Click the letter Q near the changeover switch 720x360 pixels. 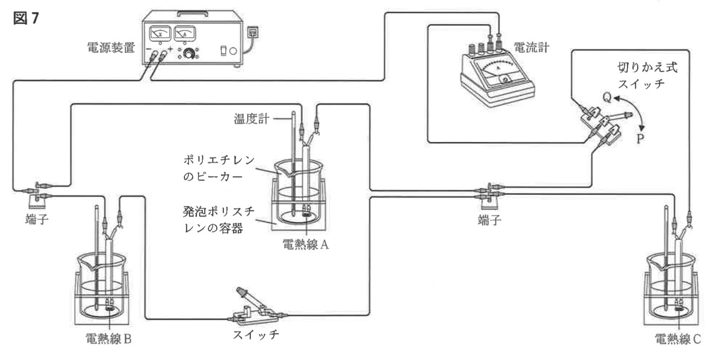606,97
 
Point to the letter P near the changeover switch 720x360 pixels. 640,139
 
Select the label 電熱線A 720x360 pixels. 306,244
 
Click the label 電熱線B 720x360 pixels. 108,339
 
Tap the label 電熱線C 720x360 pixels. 677,339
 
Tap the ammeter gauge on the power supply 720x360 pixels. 184,34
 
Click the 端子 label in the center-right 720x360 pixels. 489,220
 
